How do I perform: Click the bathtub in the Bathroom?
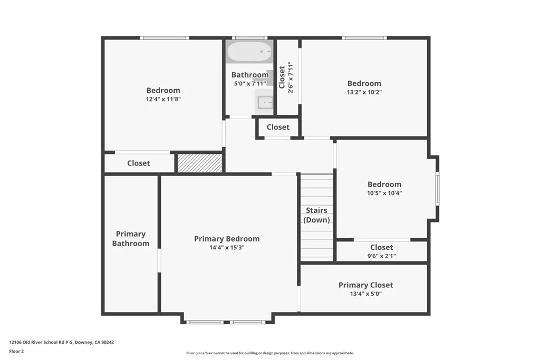point(249,53)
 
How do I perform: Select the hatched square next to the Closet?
point(199,163)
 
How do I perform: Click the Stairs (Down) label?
point(316,215)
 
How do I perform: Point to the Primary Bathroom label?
point(131,238)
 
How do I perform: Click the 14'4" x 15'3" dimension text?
point(227,247)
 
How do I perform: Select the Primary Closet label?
point(365,285)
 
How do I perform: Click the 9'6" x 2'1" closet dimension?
point(381,256)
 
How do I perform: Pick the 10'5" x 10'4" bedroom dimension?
point(384,193)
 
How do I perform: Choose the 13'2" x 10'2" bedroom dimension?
point(364,92)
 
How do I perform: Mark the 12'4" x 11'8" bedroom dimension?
point(163,99)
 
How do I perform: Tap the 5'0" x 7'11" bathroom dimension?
point(249,83)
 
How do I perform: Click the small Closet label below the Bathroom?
point(278,127)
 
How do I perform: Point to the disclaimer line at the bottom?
point(269,353)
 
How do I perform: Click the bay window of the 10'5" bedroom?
point(437,188)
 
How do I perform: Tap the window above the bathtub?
point(249,38)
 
